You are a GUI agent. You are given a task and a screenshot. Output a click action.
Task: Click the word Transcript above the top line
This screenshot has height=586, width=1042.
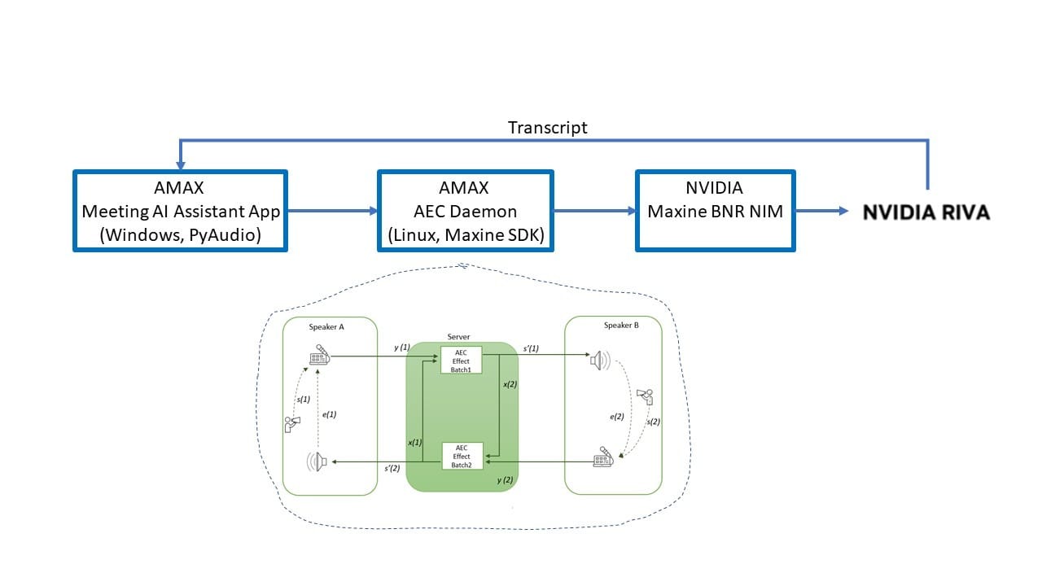click(547, 128)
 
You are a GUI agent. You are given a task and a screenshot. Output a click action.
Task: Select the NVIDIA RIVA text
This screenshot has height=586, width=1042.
click(926, 212)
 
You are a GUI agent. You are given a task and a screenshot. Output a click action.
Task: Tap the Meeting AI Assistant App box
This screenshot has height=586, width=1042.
click(181, 211)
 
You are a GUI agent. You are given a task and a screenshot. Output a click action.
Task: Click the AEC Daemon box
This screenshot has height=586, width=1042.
click(466, 211)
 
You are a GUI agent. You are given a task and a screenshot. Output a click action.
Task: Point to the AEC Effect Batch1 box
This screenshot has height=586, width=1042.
click(462, 361)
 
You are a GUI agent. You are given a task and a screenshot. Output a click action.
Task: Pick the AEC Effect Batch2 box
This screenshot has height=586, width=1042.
click(462, 456)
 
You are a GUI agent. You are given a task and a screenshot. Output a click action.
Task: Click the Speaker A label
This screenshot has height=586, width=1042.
click(326, 326)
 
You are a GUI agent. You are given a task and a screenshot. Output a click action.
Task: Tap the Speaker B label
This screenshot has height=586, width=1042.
click(621, 326)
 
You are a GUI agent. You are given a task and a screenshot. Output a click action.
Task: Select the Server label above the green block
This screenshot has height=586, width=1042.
click(458, 337)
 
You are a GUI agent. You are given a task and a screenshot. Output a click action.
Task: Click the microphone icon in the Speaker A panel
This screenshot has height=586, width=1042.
click(318, 356)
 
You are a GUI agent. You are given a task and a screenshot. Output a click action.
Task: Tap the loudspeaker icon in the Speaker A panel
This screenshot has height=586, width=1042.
click(317, 462)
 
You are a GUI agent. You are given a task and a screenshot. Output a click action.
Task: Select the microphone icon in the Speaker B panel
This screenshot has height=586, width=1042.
click(603, 457)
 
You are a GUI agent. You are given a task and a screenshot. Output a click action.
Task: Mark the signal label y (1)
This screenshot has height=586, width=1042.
click(402, 348)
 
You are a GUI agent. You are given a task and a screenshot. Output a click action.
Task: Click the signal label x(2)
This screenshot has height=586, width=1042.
click(510, 384)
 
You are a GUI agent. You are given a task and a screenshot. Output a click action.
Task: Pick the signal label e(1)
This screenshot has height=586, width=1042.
click(330, 414)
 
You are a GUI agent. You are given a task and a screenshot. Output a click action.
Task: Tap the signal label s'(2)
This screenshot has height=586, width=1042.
click(392, 469)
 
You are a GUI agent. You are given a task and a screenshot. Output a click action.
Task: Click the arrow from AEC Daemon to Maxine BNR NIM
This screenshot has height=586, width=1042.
click(594, 212)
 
